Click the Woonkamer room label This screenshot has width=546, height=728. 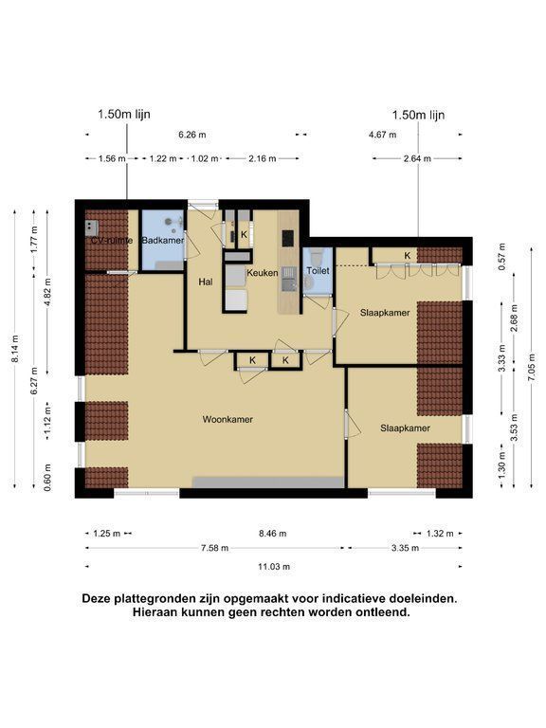227,419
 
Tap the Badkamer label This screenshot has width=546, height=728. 162,241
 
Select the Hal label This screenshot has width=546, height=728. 205,282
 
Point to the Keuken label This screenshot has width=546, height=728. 263,273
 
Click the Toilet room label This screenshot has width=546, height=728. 318,270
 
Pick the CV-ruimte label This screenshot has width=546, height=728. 112,241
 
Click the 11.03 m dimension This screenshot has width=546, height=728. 274,567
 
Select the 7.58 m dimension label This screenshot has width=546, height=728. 214,548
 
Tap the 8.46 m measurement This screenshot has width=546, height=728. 273,534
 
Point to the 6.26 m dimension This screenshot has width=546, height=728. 192,135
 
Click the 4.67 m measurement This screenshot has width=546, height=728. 383,135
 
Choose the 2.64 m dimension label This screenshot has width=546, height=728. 417,159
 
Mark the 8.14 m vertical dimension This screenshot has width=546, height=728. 15,348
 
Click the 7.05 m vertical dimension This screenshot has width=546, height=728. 531,367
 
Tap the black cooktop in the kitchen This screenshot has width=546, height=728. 288,239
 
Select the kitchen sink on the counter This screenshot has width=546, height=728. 289,279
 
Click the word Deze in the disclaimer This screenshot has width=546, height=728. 98,598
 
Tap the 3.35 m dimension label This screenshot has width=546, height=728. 405,548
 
